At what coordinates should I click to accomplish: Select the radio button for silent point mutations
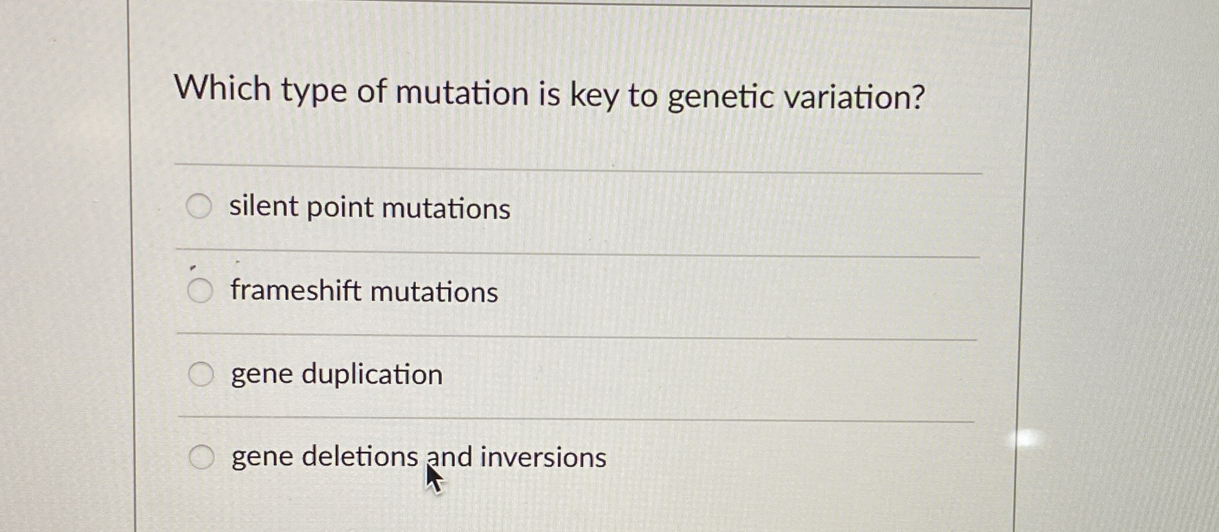tap(199, 206)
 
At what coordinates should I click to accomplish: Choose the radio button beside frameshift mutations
tap(200, 291)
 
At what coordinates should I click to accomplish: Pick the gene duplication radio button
tap(201, 374)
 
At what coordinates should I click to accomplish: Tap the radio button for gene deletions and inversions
tap(202, 457)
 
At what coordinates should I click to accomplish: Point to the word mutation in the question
tap(462, 93)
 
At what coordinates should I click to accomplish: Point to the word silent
tap(264, 206)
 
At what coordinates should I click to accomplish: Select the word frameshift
tap(296, 290)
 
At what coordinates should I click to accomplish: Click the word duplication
tap(372, 375)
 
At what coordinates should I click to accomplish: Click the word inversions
tap(543, 458)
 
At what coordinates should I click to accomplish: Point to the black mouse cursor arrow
tap(434, 478)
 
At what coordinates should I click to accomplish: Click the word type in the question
tap(313, 92)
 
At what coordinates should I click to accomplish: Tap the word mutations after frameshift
tap(434, 292)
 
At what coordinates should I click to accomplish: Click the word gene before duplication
tap(262, 375)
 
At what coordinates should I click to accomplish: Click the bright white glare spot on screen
tap(1027, 438)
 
